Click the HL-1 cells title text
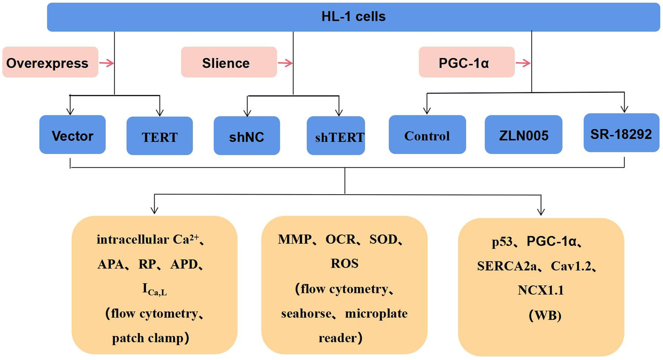[x=353, y=16]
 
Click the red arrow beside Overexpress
[x=107, y=63]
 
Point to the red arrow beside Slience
[x=285, y=63]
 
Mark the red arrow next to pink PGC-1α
[x=523, y=63]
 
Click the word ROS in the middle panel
[x=344, y=263]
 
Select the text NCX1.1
[x=541, y=290]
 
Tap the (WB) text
[x=545, y=315]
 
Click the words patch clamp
[x=148, y=338]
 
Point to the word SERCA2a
[x=507, y=266]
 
